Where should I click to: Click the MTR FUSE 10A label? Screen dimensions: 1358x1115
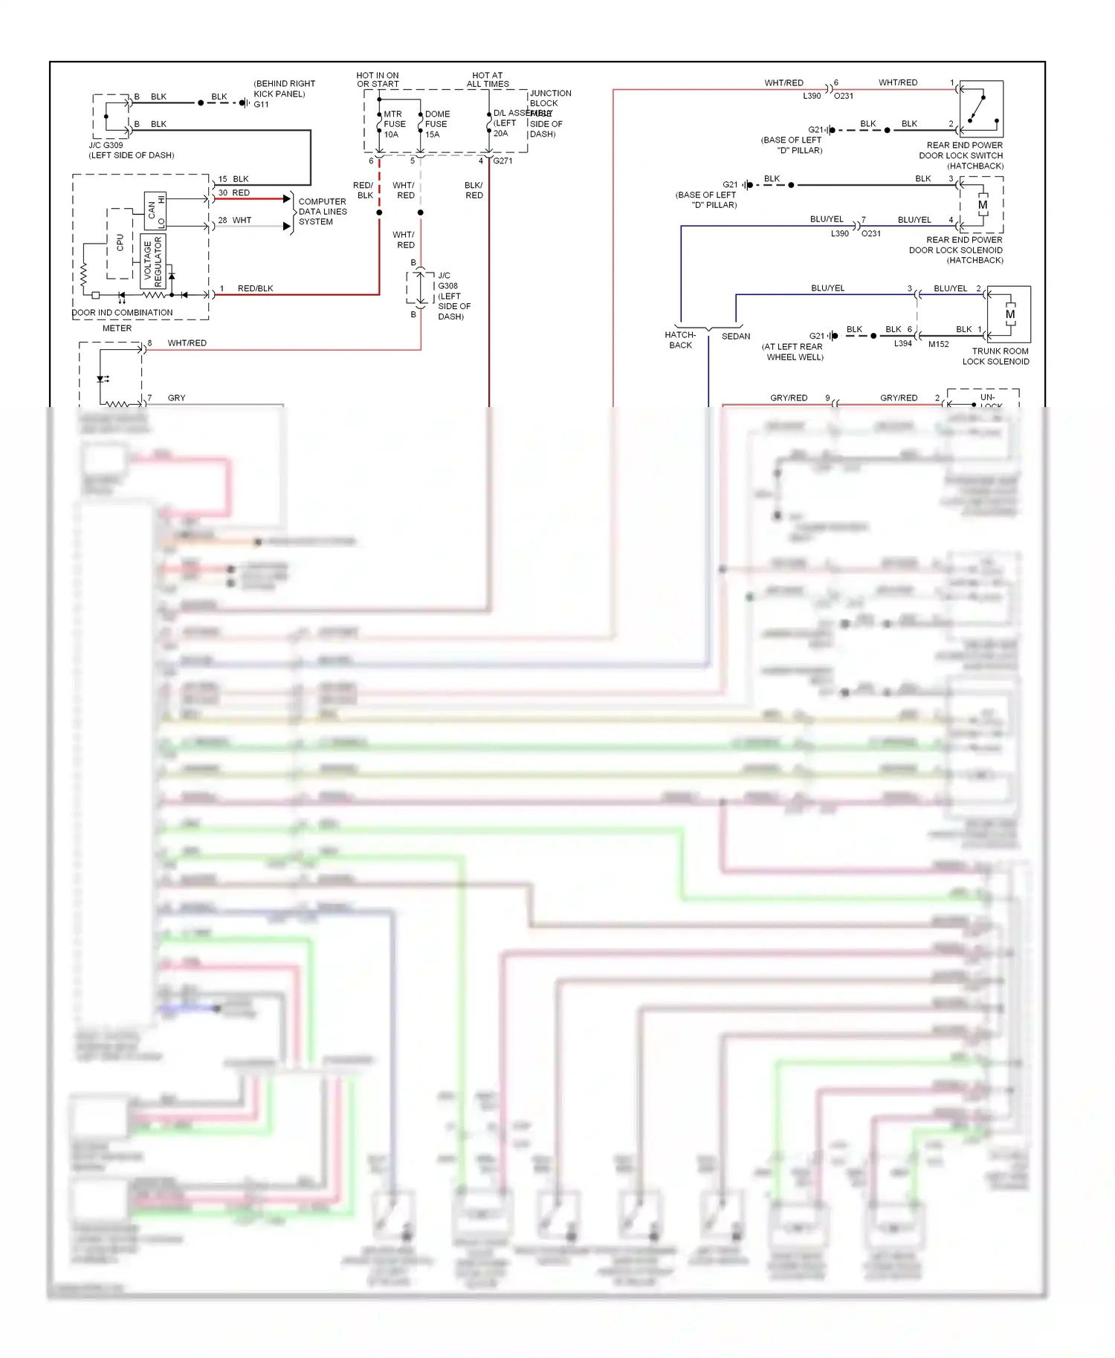(x=394, y=124)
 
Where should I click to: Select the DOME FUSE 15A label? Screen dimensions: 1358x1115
(x=436, y=124)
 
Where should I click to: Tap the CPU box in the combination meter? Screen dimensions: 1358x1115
(x=120, y=243)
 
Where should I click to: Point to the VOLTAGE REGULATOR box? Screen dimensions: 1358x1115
(x=152, y=261)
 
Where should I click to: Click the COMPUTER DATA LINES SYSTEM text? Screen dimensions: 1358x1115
(x=322, y=212)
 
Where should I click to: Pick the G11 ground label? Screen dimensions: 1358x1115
(x=261, y=105)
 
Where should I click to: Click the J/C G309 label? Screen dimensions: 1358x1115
(x=106, y=146)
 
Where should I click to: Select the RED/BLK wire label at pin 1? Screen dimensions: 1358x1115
(x=255, y=288)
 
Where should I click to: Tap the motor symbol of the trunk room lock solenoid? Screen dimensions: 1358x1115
(x=1009, y=314)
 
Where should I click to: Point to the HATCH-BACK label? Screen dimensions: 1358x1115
(x=680, y=339)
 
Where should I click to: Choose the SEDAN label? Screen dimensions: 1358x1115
(x=736, y=337)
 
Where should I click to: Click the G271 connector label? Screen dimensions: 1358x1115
(x=502, y=161)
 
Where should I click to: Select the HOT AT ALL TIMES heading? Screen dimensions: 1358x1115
(x=488, y=79)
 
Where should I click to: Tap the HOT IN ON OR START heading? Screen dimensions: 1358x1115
(x=378, y=79)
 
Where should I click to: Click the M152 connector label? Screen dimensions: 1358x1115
(x=938, y=344)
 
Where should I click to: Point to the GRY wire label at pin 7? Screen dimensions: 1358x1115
(x=176, y=398)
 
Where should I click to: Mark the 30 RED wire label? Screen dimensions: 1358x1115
(x=234, y=192)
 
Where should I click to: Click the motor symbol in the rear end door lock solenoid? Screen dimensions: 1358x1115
(x=983, y=204)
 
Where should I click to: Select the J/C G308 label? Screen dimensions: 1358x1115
(x=448, y=281)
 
